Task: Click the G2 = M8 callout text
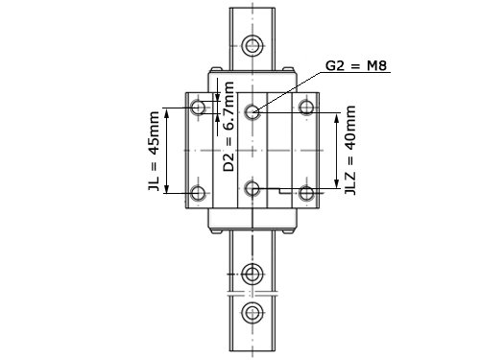tap(356, 66)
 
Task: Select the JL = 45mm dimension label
tap(155, 151)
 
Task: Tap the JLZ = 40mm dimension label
tap(350, 150)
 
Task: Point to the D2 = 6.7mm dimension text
tap(228, 127)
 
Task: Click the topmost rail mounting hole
tap(252, 45)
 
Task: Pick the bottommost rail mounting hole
tap(252, 312)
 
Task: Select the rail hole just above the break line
tap(252, 275)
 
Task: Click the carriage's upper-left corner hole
tap(199, 108)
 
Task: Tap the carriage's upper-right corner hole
tap(306, 108)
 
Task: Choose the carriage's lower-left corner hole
tap(199, 193)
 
